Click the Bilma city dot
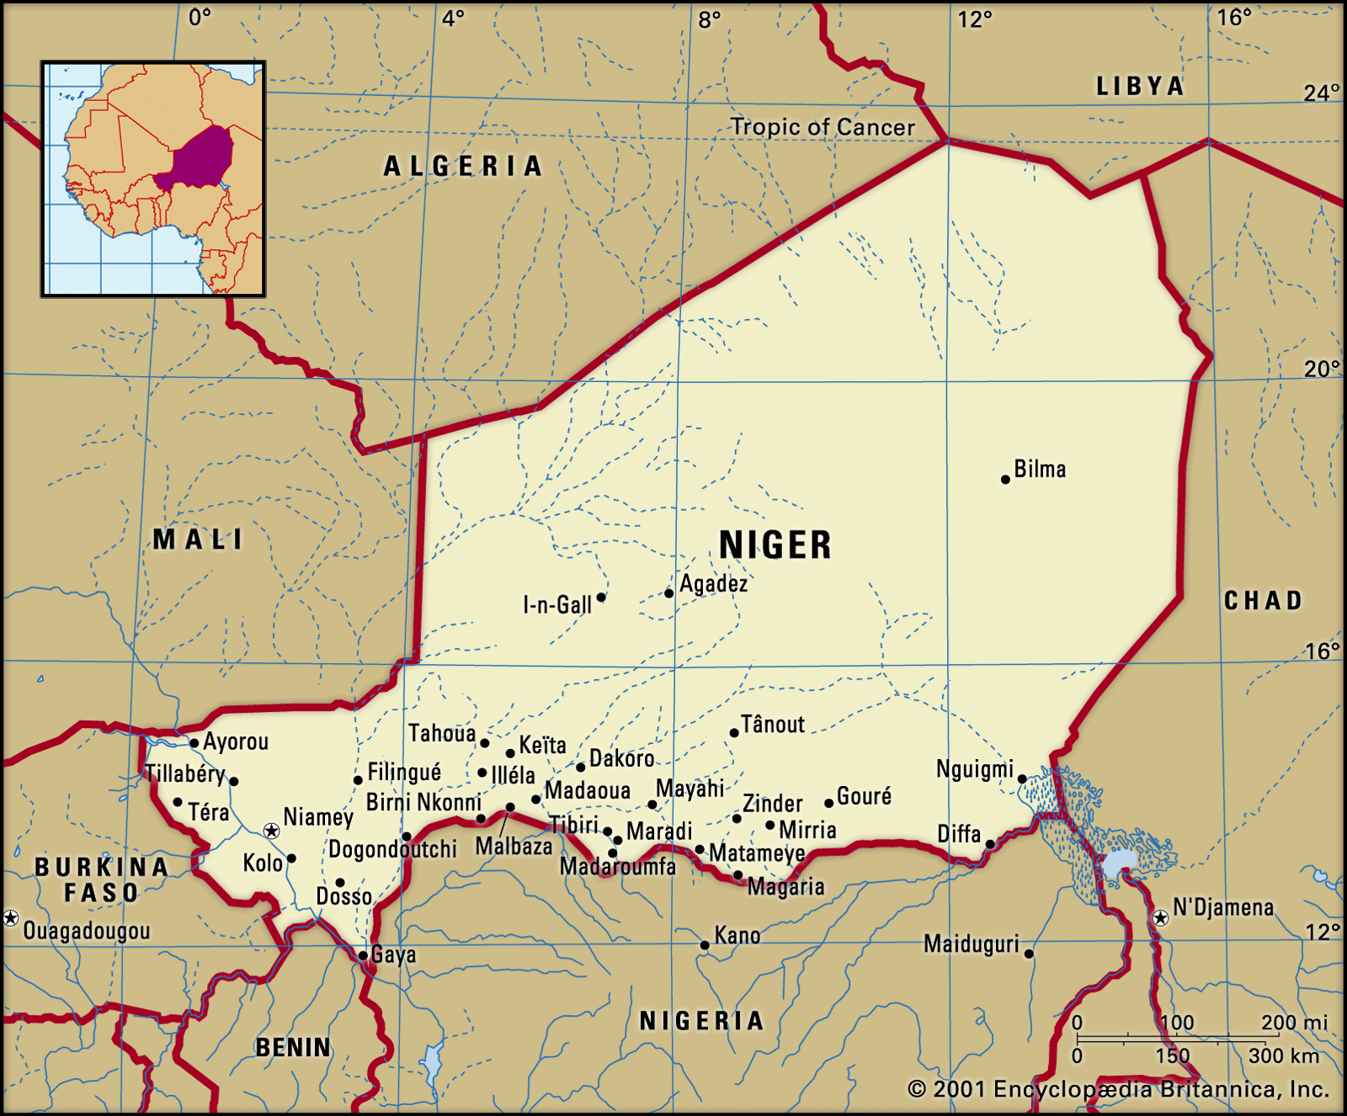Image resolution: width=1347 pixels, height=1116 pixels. coord(1005,480)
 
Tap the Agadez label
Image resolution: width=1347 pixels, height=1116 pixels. coord(713,583)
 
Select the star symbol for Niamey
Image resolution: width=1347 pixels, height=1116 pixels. coord(272,832)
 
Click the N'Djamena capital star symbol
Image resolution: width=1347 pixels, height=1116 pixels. coord(1161,918)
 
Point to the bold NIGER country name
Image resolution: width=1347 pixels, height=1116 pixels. coord(775,545)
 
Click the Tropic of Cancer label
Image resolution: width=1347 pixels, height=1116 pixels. coord(823,127)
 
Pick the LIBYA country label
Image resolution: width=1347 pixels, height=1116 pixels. coord(1140,86)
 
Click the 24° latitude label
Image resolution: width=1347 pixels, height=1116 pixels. coord(1321,93)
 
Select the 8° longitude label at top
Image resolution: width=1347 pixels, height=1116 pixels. coord(709,19)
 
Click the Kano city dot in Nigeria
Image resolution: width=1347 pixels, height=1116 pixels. coord(705,945)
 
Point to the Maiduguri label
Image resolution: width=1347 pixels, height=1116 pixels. coord(971,944)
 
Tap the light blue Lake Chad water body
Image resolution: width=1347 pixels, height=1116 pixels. coord(1119,864)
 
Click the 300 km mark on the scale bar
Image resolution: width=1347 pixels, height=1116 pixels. coord(1283,1055)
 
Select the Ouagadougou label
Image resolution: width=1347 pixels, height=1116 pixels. coord(87,931)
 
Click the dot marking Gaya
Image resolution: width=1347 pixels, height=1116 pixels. coord(363,955)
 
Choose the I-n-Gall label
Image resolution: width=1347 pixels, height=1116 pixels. coord(557,604)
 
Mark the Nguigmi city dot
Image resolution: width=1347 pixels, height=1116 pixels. coord(1023,779)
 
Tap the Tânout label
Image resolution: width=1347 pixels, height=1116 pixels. coord(772,725)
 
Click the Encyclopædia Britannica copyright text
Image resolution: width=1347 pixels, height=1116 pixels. coord(1118,1089)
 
